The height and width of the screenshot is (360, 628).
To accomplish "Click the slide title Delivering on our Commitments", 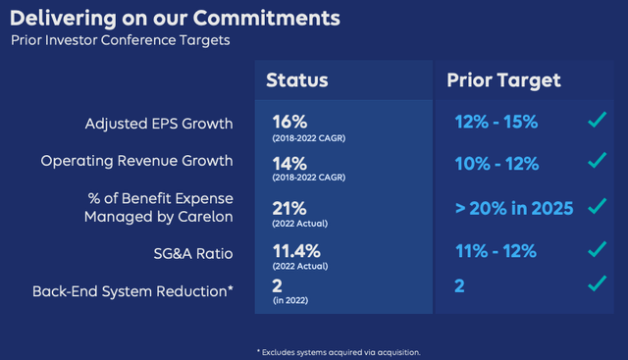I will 177,18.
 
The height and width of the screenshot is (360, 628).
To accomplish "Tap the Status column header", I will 296,80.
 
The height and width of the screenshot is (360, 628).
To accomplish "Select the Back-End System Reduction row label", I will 133,290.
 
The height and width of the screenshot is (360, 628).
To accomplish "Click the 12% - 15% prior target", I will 496,123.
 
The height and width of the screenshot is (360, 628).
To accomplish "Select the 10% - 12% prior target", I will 496,161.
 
